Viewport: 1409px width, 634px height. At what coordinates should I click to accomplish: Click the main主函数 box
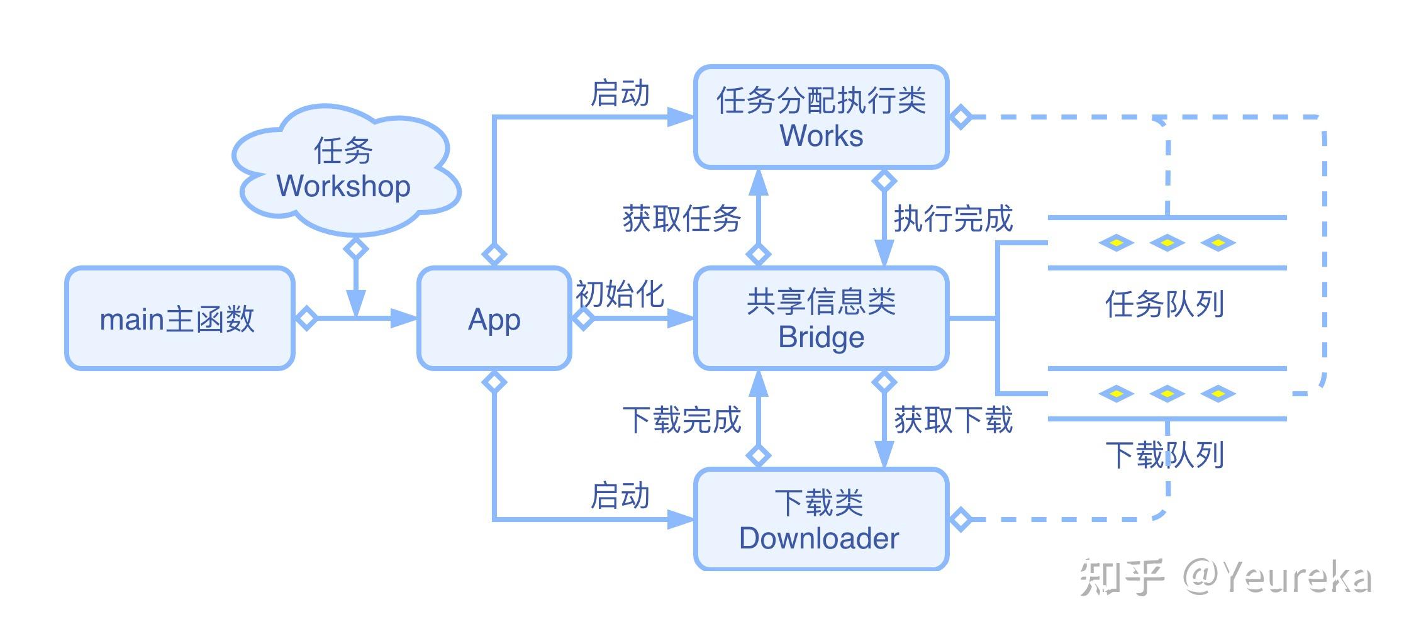tap(179, 318)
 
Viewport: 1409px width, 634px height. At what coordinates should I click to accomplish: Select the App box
tap(494, 318)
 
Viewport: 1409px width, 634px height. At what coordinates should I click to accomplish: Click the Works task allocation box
tap(821, 118)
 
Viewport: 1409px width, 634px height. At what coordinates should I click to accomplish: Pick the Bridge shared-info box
tap(821, 318)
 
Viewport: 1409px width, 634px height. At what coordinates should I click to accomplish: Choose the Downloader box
tap(821, 520)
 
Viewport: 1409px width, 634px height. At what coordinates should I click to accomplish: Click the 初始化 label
tap(620, 294)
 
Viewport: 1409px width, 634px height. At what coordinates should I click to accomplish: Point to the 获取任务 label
tap(681, 219)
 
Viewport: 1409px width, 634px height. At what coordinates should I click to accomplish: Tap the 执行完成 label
tap(953, 219)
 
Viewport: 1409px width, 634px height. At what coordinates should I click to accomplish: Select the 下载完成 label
tap(681, 420)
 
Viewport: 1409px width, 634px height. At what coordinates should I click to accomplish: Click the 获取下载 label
tap(953, 420)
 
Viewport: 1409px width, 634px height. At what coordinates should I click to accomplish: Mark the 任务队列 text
tap(1164, 304)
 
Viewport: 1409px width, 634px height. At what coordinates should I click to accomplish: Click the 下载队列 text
tap(1164, 455)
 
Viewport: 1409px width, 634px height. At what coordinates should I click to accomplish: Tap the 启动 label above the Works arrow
tap(620, 94)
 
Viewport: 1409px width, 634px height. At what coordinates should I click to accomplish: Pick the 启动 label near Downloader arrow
tap(620, 496)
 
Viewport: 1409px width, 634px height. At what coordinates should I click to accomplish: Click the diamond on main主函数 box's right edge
tap(306, 318)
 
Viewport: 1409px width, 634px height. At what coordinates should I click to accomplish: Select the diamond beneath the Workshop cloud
tap(356, 248)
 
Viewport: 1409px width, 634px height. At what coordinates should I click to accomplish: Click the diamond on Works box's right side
tap(960, 117)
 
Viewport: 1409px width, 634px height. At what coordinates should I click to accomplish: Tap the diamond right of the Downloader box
tap(960, 520)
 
